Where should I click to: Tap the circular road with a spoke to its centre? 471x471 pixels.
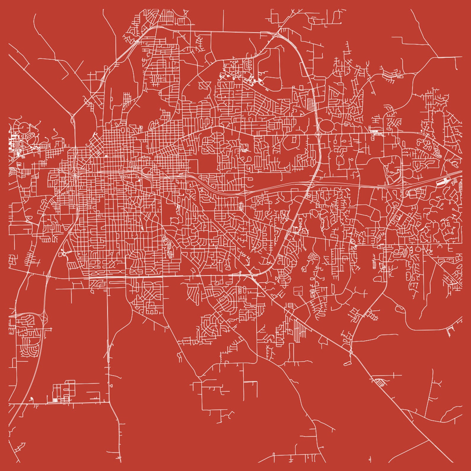coord(24,128)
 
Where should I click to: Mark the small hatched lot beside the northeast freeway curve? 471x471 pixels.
coord(311,104)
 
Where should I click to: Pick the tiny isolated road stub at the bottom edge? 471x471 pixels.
coord(370,460)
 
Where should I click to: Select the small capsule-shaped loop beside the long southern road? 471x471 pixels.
coord(111,386)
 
